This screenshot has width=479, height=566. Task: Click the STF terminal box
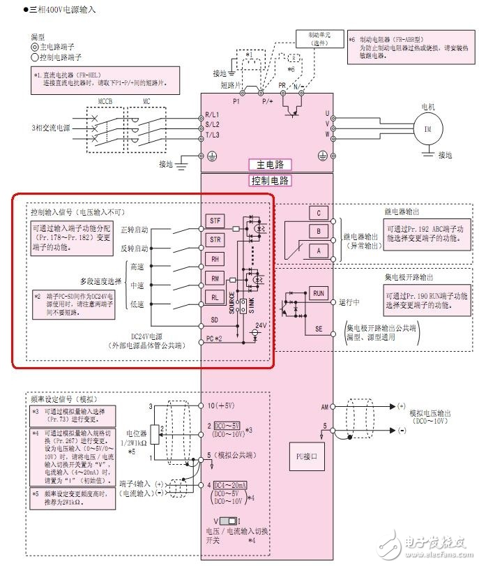point(215,221)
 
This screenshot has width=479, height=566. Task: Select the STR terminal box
point(215,240)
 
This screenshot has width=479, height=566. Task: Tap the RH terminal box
point(215,259)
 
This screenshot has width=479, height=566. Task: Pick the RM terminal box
point(215,278)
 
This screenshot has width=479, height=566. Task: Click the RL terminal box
point(215,297)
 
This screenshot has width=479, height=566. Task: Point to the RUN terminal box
point(319,293)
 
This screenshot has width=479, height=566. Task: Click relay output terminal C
point(318,213)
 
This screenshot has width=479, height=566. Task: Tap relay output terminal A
point(318,249)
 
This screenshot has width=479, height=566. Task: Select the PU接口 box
point(308,458)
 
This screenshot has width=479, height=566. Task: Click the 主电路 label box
point(269,165)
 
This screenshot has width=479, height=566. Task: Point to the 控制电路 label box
point(270,181)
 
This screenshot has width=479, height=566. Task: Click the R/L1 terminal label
point(212,114)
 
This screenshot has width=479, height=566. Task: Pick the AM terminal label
point(324,405)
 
